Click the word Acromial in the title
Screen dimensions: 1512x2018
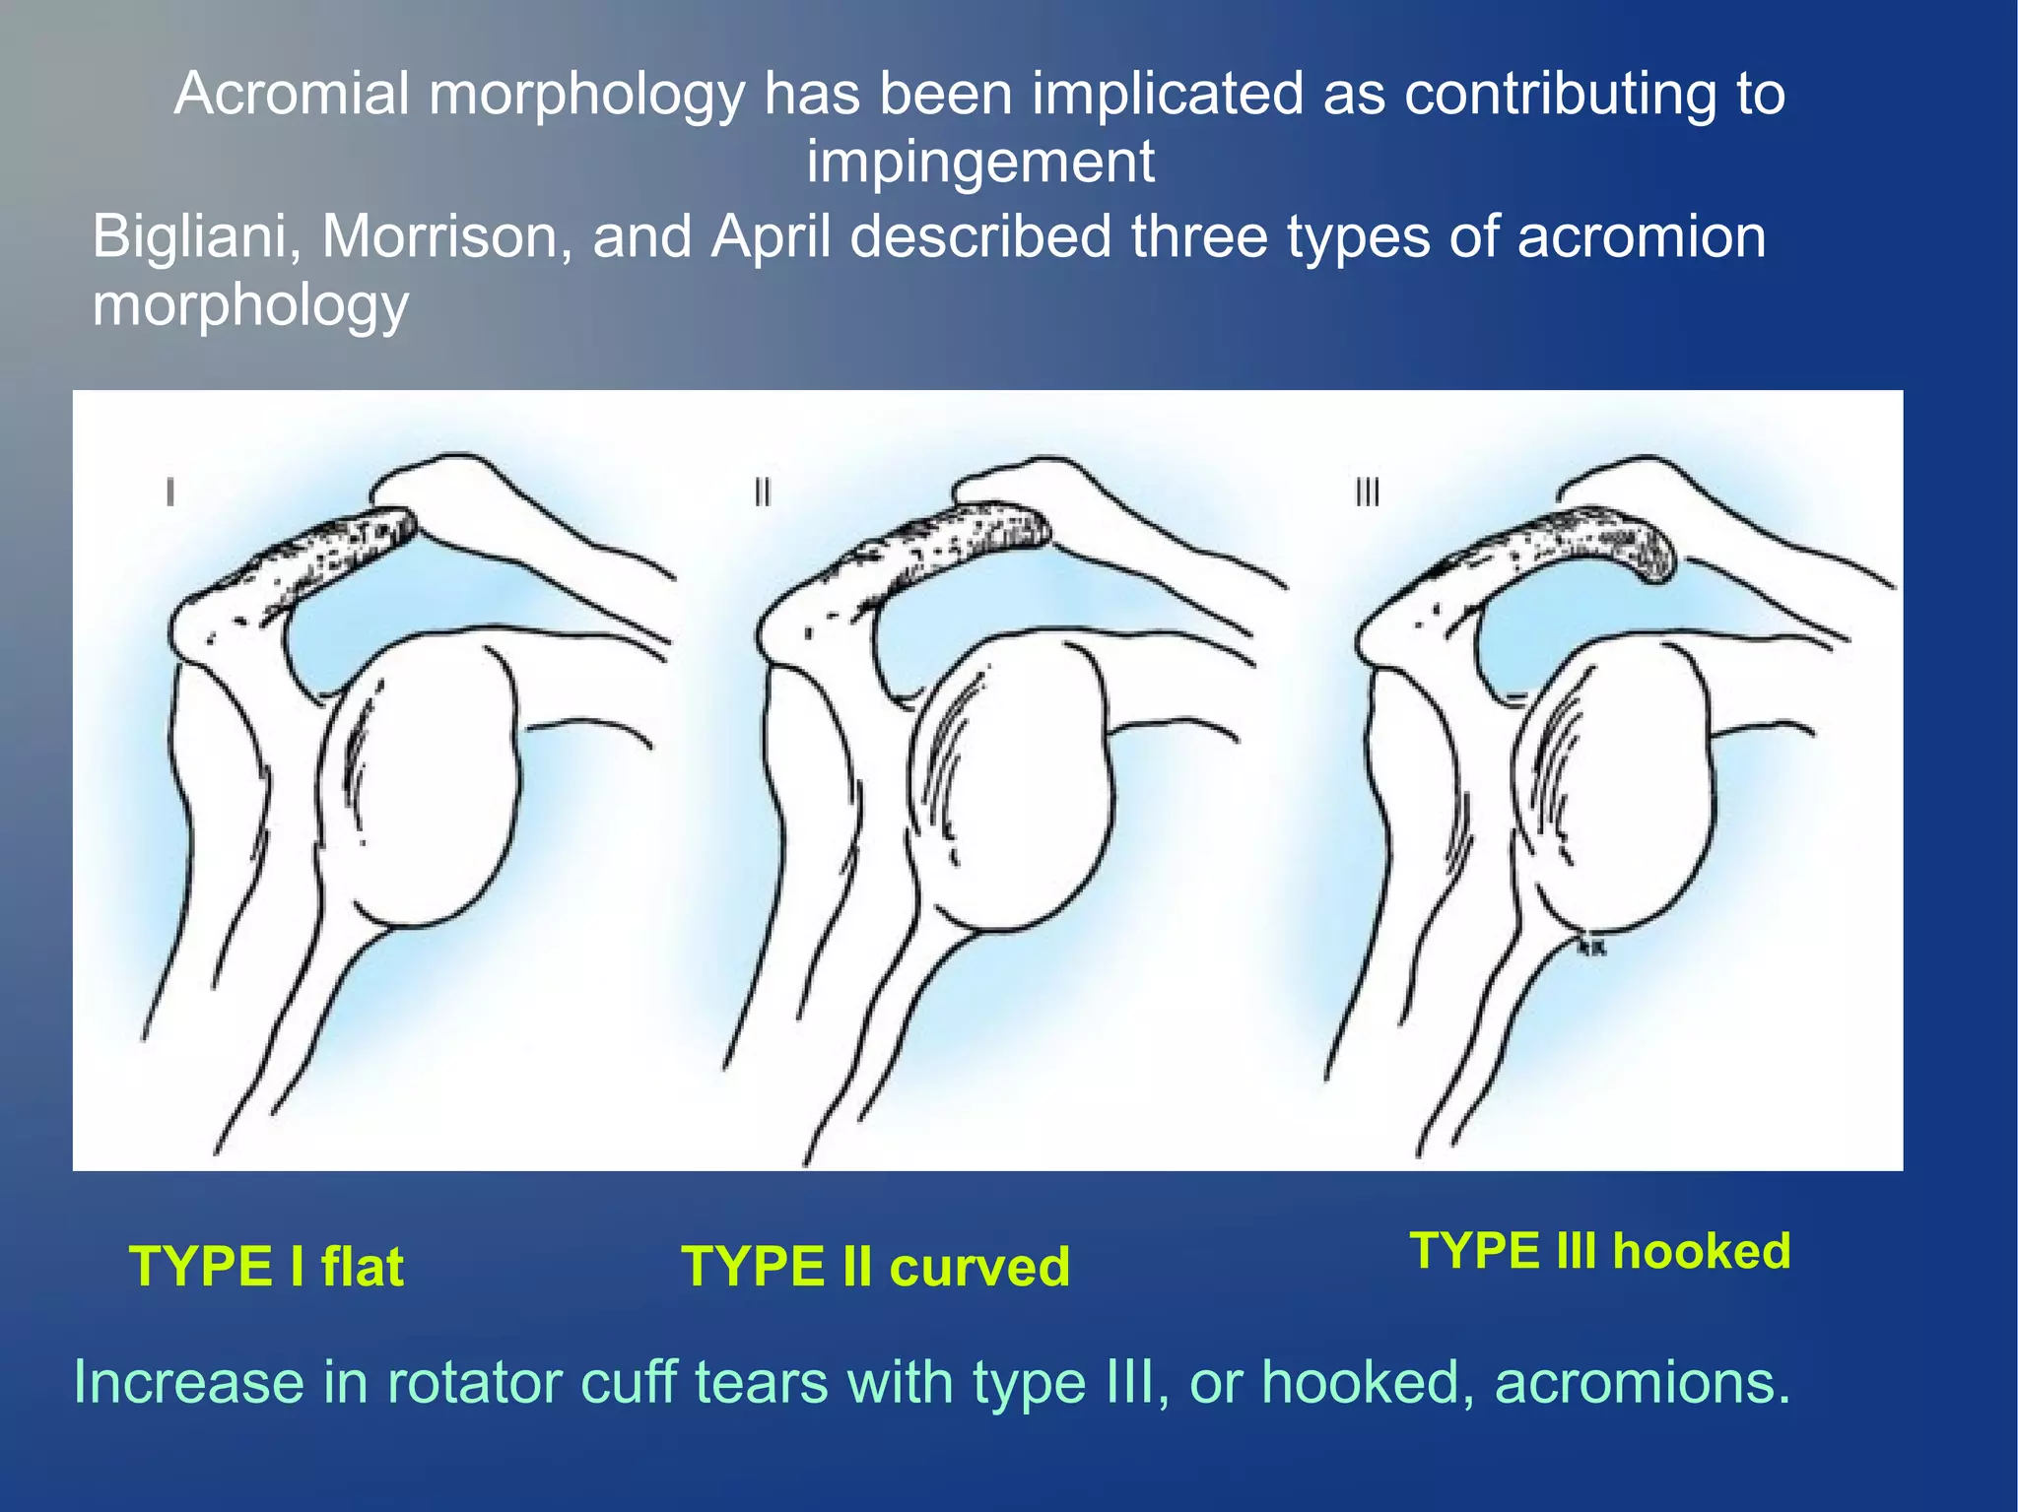tap(292, 95)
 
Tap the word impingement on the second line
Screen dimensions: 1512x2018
tap(980, 162)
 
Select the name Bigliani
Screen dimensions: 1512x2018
tap(196, 237)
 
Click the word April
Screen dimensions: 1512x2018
tap(771, 237)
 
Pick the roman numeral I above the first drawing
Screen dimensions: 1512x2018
tap(170, 492)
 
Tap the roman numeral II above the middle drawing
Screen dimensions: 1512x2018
tap(762, 492)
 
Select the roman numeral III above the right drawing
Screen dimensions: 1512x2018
tap(1367, 492)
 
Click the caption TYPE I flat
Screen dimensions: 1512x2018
tap(266, 1267)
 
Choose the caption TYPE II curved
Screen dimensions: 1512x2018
tap(875, 1267)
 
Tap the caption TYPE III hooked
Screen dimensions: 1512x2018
tap(1600, 1251)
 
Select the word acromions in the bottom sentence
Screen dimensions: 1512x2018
tap(1642, 1382)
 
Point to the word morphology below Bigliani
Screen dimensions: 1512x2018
tap(250, 305)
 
